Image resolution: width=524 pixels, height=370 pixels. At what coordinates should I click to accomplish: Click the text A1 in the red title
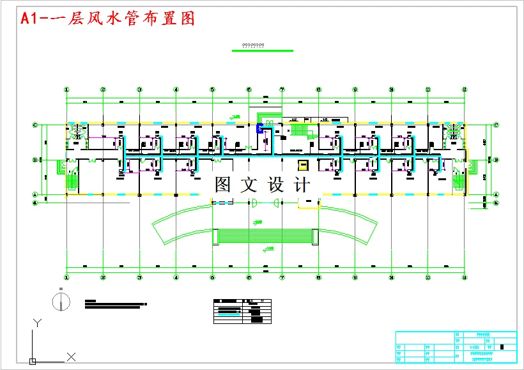30,19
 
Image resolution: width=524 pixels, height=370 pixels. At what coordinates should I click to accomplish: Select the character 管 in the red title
146,19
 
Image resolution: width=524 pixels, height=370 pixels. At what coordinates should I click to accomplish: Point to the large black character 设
259,185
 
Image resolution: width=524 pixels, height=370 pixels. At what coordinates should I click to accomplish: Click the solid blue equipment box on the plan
260,128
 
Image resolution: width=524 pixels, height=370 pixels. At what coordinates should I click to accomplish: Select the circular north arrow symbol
61,301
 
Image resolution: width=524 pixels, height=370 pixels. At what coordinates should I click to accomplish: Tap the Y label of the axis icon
38,323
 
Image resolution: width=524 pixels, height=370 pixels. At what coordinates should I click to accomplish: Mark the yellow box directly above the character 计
303,166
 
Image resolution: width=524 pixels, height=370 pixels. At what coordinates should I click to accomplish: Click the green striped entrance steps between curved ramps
265,236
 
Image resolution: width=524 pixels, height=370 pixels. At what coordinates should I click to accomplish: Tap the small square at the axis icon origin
33,362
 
